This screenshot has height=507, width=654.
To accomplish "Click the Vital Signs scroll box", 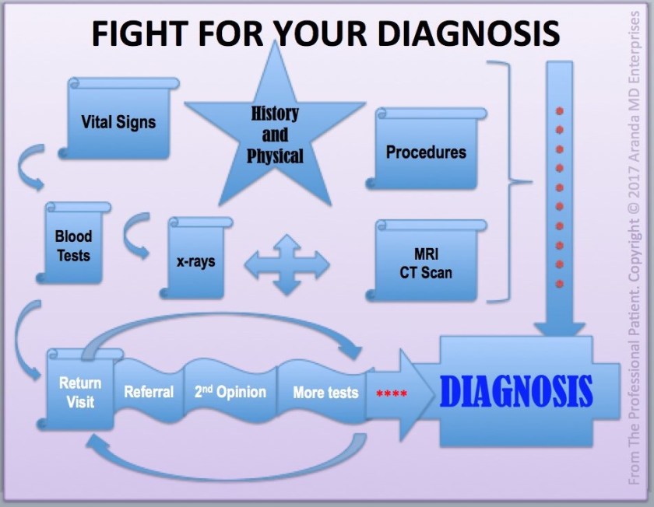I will tap(118, 121).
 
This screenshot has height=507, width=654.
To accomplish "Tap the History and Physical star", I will tap(275, 134).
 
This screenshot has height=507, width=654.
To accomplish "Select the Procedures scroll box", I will tap(426, 152).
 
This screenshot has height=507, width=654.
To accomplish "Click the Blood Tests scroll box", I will tap(74, 245).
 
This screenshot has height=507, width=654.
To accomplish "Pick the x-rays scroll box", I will tap(195, 260).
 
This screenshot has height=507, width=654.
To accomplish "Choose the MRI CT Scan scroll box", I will tap(427, 263).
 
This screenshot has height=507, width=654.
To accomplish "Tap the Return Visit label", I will tap(80, 393).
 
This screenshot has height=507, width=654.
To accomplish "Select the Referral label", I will tap(149, 392).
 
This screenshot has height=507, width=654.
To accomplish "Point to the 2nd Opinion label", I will tap(230, 392).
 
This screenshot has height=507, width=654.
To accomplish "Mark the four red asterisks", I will tap(392, 393).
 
